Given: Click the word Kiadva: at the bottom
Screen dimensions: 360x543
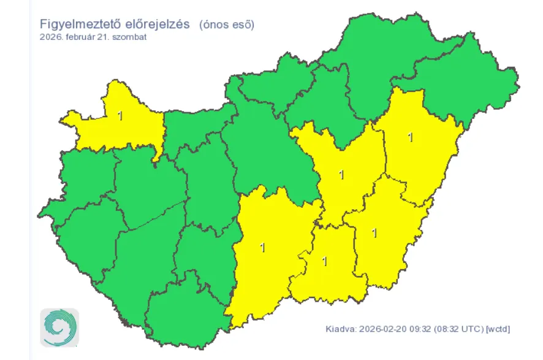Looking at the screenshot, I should click(x=340, y=329).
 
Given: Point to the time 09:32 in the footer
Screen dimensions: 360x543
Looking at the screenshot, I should click(x=418, y=329).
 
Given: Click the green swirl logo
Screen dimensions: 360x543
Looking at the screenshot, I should click(x=59, y=327).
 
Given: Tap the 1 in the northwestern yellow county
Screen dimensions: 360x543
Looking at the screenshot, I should click(x=120, y=115).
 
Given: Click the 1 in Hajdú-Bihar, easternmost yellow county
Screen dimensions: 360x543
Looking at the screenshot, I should click(x=410, y=137).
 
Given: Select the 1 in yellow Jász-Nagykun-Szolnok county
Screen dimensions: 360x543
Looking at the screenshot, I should click(x=341, y=175).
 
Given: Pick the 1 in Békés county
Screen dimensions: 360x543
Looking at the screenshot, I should click(x=374, y=232).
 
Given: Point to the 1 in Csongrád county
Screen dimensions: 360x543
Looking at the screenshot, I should click(x=324, y=261).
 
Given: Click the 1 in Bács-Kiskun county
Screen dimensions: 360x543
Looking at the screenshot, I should click(x=262, y=248).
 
